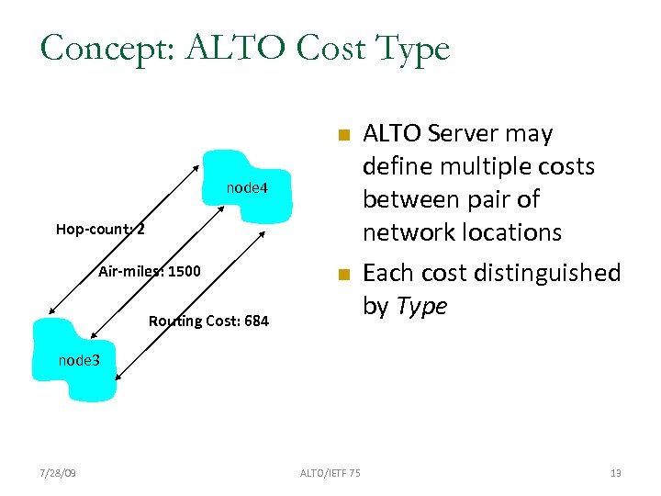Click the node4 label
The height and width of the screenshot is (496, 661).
click(247, 188)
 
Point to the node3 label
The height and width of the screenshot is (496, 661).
click(78, 360)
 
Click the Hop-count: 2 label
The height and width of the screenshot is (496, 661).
click(100, 229)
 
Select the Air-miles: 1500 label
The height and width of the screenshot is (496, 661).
click(149, 271)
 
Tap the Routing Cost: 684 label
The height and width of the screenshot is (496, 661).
click(208, 321)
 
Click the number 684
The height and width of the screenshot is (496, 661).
click(254, 321)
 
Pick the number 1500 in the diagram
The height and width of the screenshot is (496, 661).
click(183, 271)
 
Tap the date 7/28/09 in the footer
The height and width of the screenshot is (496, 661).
click(58, 473)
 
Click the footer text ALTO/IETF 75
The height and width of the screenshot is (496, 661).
click(330, 473)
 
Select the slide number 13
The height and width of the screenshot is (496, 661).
click(615, 473)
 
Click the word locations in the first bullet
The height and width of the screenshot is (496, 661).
click(503, 232)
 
